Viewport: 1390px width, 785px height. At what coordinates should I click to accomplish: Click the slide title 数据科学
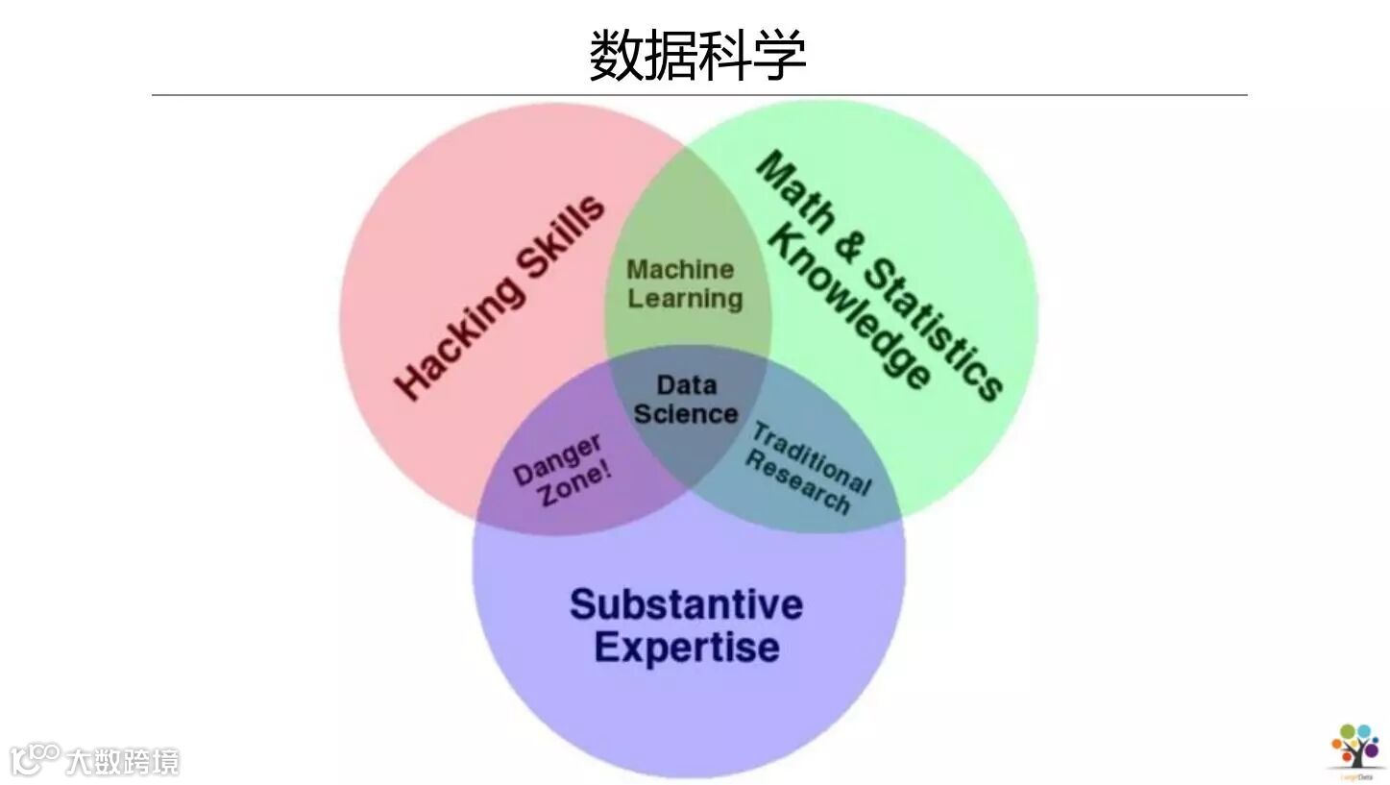(x=696, y=55)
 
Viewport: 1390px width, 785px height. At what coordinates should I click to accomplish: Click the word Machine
(x=680, y=269)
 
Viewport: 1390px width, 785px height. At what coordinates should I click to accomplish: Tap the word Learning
(x=685, y=299)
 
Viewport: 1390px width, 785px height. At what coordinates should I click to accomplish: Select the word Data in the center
(x=686, y=385)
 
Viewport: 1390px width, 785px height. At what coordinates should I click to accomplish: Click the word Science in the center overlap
(x=685, y=414)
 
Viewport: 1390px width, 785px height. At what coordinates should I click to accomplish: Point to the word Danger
(x=557, y=460)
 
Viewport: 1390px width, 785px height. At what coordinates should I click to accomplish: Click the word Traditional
(x=811, y=458)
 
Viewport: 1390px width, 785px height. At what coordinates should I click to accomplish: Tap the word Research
(x=797, y=483)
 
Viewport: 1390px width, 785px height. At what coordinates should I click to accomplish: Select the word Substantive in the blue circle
(x=686, y=604)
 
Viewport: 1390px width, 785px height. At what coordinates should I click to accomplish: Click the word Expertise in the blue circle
(x=686, y=647)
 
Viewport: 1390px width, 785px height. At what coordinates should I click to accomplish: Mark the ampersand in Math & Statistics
(x=845, y=247)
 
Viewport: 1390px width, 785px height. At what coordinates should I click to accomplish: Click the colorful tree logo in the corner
(x=1355, y=746)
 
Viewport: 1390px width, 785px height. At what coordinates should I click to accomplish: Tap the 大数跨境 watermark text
(x=122, y=763)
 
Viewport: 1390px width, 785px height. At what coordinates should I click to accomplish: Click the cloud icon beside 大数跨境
(x=35, y=759)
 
